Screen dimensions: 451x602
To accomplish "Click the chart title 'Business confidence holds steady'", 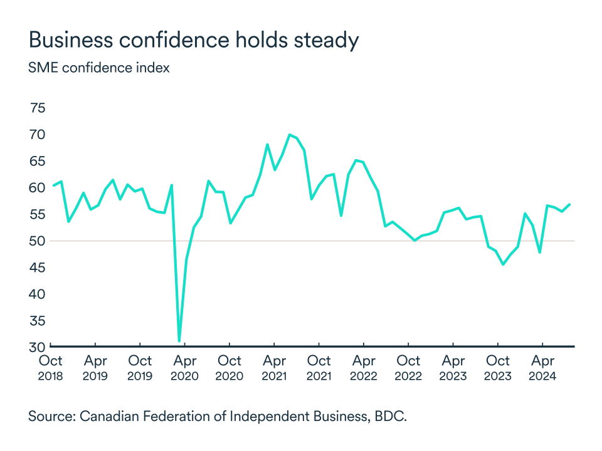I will (193, 40).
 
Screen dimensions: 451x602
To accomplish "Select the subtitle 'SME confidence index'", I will (98, 68).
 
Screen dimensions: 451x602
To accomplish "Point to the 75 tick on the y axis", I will (37, 108).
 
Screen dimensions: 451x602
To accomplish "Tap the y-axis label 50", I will (37, 241).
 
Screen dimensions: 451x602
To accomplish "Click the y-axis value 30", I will (37, 347).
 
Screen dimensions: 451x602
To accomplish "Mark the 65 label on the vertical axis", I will (37, 162).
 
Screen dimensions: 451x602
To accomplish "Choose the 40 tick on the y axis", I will (37, 294).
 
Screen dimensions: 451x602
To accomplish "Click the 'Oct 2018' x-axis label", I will (50, 368).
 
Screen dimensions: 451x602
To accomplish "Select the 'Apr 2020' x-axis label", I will (184, 368).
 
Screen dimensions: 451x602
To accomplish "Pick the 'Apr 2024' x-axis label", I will (542, 368).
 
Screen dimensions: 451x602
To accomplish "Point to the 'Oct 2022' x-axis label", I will (408, 368).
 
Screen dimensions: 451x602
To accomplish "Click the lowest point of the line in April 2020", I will (179, 341).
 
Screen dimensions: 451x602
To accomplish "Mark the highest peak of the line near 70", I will (289, 135).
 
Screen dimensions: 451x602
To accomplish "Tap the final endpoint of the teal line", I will (569, 204).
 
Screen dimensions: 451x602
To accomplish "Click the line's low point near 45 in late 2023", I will (503, 264).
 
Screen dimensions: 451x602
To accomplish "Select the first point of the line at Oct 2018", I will (53, 185).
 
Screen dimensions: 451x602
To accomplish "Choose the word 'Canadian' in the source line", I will (108, 417).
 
